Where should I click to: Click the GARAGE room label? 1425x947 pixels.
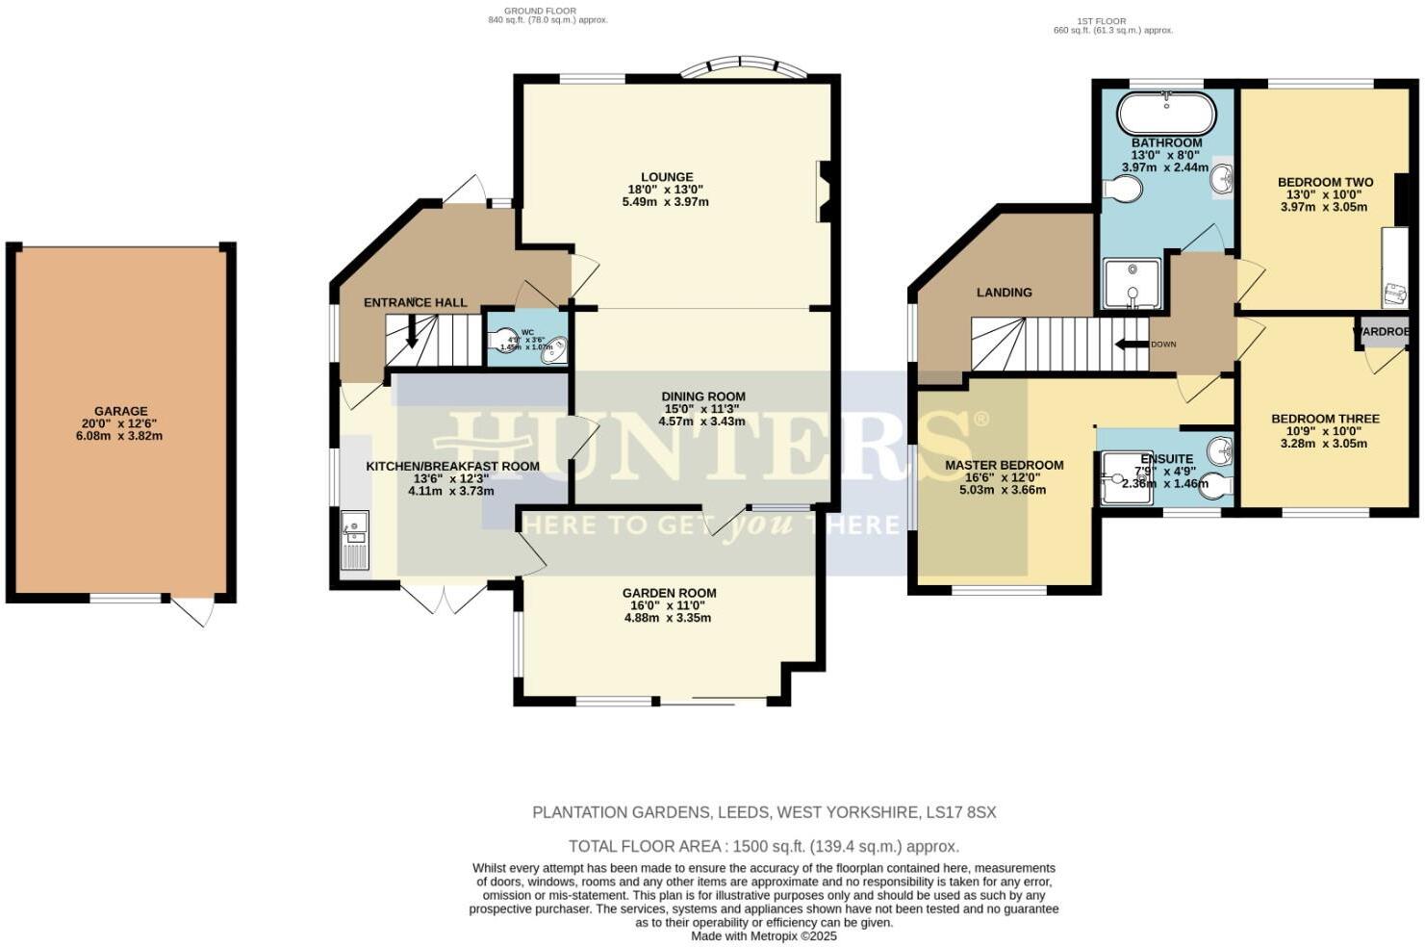pos(120,411)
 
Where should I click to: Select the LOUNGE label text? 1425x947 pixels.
pos(667,177)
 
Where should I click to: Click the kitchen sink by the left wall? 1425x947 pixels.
pos(354,540)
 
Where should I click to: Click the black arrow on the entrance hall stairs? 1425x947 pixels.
pos(412,332)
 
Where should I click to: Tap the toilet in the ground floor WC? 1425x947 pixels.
pos(503,340)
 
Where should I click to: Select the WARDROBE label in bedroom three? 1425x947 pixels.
pos(1383,332)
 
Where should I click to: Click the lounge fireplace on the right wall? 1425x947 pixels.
pos(824,192)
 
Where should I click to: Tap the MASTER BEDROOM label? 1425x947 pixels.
pos(1004,465)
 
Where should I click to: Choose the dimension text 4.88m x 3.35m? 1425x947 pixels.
pos(667,618)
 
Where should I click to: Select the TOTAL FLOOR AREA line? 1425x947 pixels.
pos(763,847)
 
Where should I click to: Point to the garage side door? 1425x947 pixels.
pos(193,610)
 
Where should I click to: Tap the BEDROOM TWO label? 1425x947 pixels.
pos(1324,182)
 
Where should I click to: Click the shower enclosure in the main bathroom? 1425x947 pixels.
pos(1132,284)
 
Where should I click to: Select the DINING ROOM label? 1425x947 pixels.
pos(703,397)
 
